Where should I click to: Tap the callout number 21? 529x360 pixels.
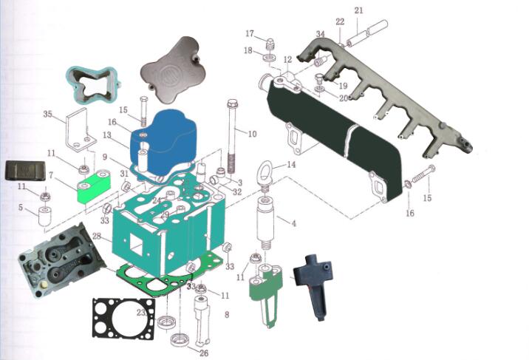coord(359,10)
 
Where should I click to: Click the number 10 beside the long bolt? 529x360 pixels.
coord(253,134)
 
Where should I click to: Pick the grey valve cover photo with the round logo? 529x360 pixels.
coord(171,69)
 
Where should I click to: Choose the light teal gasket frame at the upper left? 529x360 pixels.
coord(94,85)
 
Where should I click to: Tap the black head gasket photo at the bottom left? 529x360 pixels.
coord(124,319)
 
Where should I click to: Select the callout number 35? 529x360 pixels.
coord(47,114)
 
